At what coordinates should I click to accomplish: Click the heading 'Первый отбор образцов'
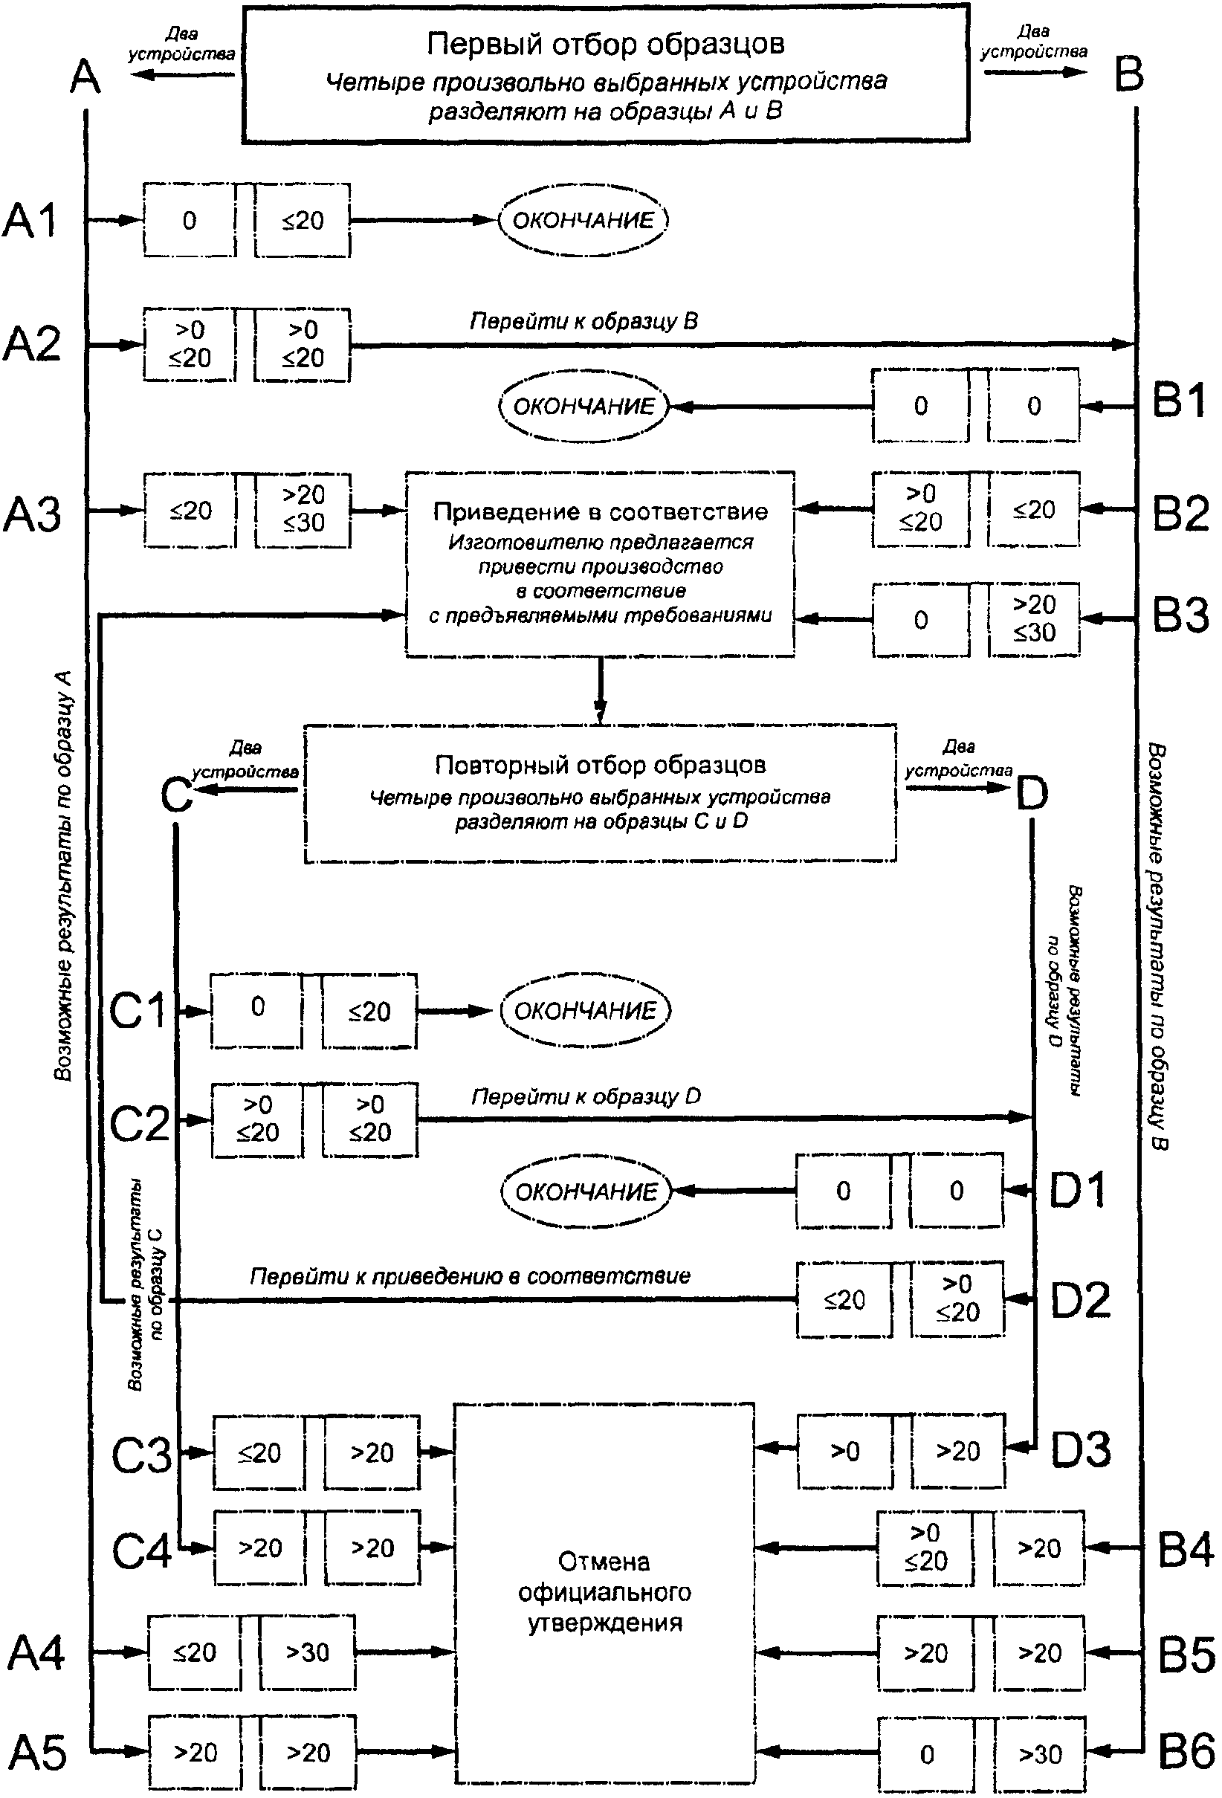click(x=605, y=44)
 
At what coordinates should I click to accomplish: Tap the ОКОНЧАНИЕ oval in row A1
click(x=583, y=221)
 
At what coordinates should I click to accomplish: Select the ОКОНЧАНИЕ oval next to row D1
click(x=585, y=1191)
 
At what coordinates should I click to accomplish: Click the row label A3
click(x=33, y=514)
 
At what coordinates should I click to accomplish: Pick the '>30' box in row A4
click(x=307, y=1652)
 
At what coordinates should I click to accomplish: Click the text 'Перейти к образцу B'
click(x=584, y=321)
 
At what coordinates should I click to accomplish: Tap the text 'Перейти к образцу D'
click(x=586, y=1096)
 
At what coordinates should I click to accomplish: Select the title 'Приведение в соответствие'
click(x=601, y=511)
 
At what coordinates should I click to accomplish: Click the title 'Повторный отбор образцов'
click(x=601, y=765)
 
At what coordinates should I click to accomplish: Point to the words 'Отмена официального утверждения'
click(x=604, y=1591)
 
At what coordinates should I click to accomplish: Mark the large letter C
click(x=176, y=794)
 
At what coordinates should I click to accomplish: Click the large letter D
click(x=1032, y=794)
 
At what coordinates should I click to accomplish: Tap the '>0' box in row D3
click(x=844, y=1451)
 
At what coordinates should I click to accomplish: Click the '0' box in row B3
click(x=920, y=620)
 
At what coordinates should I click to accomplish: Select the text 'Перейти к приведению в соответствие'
click(x=470, y=1275)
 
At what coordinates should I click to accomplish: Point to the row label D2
click(x=1080, y=1301)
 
